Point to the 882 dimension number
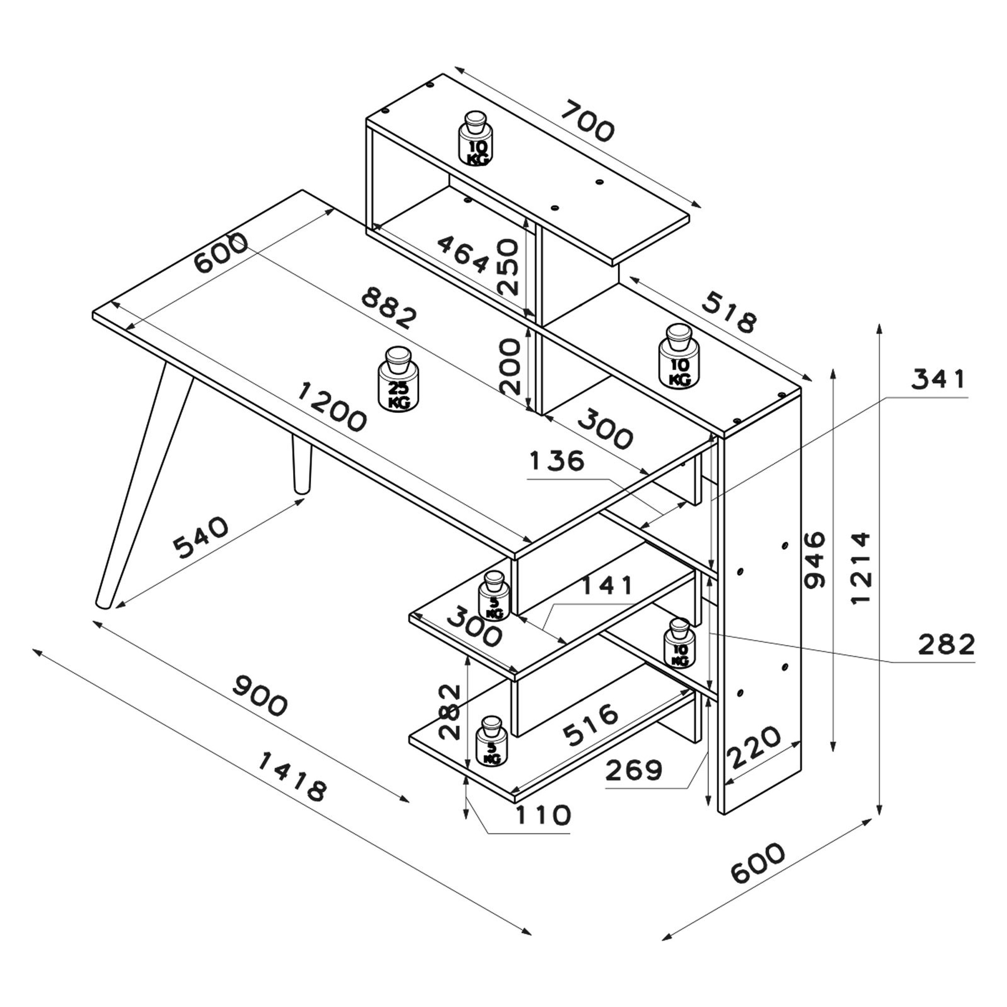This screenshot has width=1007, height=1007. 390,309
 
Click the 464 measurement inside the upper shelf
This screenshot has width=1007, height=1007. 463,253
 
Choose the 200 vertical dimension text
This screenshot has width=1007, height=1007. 509,366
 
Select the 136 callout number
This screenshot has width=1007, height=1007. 557,461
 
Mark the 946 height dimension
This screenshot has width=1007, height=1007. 814,560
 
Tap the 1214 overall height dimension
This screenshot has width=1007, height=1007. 861,567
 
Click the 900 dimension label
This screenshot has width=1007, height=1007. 260,695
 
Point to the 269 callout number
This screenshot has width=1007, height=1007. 634,770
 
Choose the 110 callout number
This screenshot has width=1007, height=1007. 543,815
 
